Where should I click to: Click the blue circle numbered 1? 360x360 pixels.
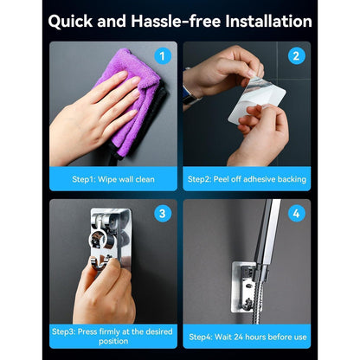click(x=163, y=56)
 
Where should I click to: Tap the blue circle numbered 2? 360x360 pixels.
click(x=297, y=56)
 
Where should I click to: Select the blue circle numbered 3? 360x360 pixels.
click(x=163, y=214)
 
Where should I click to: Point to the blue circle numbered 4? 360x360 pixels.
click(x=297, y=214)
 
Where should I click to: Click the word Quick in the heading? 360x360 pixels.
click(x=71, y=22)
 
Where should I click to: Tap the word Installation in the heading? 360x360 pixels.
click(x=268, y=21)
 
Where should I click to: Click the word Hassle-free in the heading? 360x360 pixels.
click(x=177, y=21)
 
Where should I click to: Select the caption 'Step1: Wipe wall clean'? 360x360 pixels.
click(x=113, y=179)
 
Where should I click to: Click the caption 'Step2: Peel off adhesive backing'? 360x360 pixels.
click(x=247, y=179)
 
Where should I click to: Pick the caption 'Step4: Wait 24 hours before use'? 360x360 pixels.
click(x=247, y=337)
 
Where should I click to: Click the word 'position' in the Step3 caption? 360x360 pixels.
click(x=113, y=341)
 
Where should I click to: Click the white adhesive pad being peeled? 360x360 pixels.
click(x=257, y=100)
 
